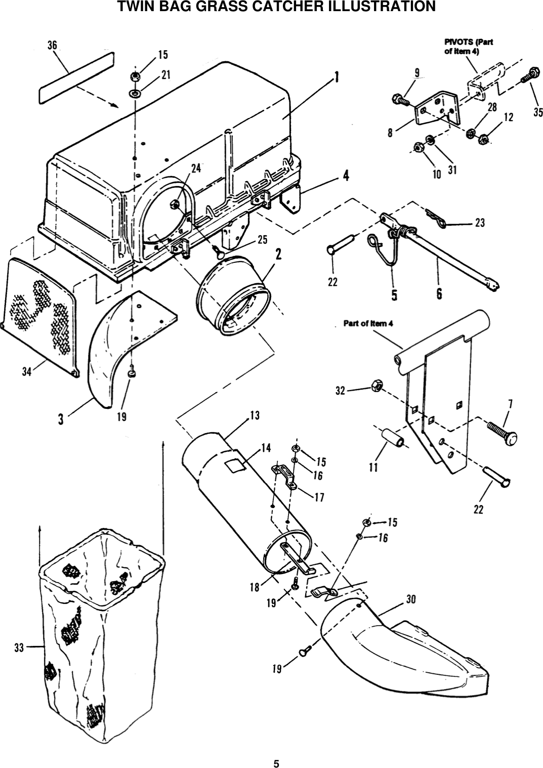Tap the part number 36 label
click(52, 45)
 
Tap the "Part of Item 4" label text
click(368, 323)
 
